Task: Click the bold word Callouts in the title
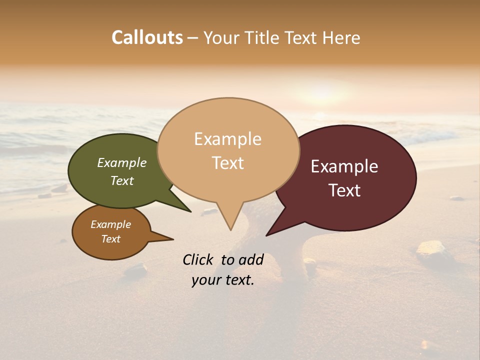point(147,37)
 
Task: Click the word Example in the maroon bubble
point(344,166)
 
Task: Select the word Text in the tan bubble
point(228,163)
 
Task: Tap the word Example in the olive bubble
point(122,163)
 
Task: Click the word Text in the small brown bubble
point(111,239)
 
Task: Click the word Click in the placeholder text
point(198,259)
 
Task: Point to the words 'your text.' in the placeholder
point(223,280)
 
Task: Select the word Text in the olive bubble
point(122,180)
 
